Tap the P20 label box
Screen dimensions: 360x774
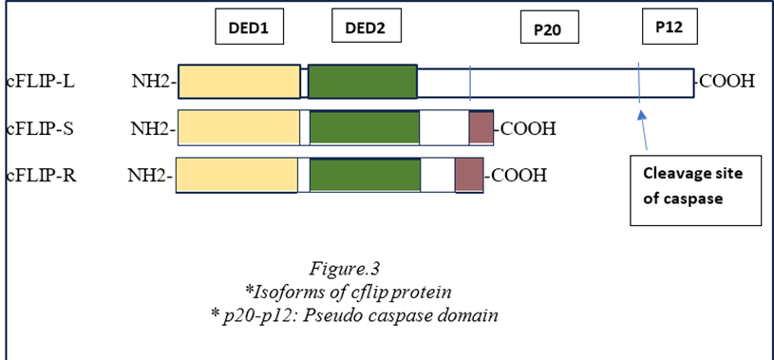click(x=546, y=30)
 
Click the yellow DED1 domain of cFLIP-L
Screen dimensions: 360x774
click(x=238, y=82)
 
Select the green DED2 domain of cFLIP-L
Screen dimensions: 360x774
click(x=362, y=82)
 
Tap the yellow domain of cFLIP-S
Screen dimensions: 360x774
click(x=238, y=127)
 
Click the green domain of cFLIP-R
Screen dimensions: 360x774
click(x=365, y=175)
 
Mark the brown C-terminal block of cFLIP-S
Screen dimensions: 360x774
click(x=481, y=127)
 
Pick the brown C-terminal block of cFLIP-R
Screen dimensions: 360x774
click(x=468, y=175)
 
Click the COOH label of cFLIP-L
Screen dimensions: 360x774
click(x=727, y=81)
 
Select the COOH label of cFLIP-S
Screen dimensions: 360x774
click(x=527, y=127)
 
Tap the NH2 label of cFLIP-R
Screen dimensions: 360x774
click(x=151, y=175)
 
